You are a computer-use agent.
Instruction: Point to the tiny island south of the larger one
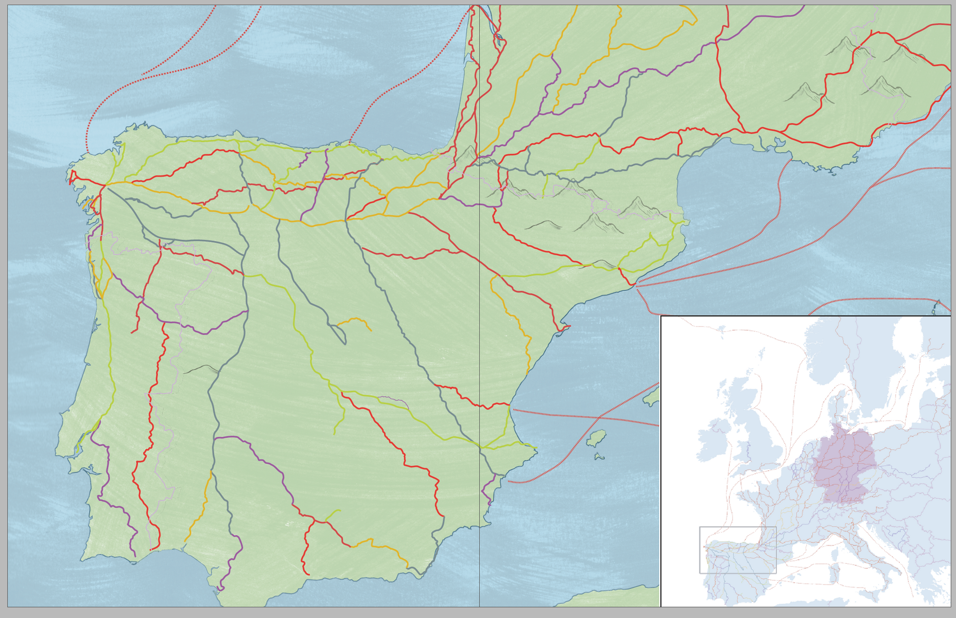(x=599, y=456)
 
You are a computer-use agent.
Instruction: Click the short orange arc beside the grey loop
(x=355, y=321)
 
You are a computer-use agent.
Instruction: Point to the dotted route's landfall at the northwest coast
(x=350, y=143)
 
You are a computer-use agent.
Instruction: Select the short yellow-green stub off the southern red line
(x=333, y=515)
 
